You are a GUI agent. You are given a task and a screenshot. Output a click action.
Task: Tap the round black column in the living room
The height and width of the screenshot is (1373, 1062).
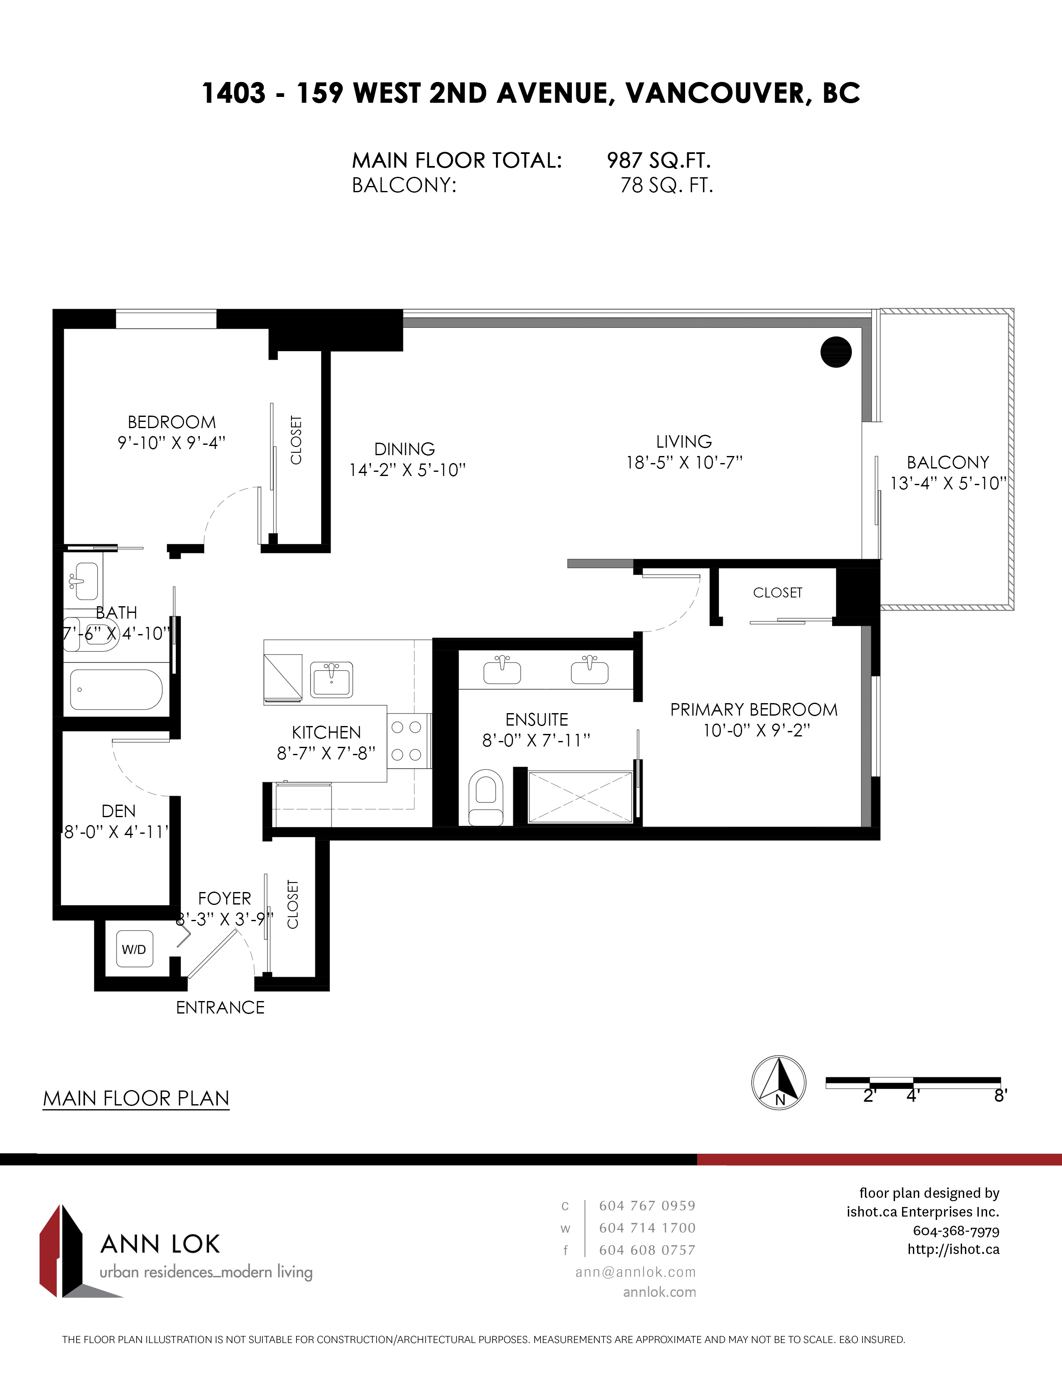click(836, 352)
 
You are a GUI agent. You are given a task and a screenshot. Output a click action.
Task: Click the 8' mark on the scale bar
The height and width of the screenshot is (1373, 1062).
click(1000, 1096)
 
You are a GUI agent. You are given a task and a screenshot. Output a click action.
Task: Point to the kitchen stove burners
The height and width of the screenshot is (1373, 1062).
click(406, 741)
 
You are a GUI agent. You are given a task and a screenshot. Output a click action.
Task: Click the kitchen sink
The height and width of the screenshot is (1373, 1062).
click(332, 679)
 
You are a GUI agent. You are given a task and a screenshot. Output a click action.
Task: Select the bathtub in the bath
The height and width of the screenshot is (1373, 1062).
click(116, 690)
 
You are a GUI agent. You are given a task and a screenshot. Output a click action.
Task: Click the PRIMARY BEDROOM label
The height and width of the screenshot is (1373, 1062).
click(754, 710)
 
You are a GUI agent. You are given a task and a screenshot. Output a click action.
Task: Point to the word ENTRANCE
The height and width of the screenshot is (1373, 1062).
click(220, 1008)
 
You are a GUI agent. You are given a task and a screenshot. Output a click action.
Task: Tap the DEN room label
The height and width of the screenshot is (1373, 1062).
click(118, 811)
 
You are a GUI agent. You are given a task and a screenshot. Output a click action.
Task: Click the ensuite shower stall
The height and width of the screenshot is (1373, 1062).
click(580, 797)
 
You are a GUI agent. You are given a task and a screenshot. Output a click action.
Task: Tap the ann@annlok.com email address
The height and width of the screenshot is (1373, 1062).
click(636, 1272)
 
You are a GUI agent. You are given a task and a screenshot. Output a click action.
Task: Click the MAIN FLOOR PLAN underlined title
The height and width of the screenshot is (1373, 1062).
click(136, 1099)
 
